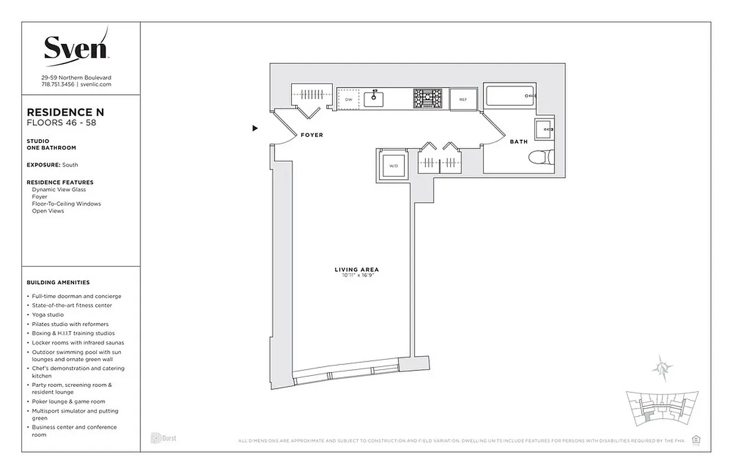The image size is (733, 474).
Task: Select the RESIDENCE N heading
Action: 66,112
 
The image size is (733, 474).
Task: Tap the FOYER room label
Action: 312,135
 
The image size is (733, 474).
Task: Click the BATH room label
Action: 519,142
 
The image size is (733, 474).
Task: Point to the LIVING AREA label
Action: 356,270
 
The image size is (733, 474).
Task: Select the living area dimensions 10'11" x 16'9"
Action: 356,276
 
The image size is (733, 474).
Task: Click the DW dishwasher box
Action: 349,100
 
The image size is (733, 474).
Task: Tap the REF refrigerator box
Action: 463,100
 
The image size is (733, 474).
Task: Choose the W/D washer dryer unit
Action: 393,165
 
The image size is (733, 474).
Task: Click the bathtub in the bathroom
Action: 511,97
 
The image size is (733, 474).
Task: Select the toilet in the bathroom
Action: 541,158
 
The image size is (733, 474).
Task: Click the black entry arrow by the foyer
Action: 255,128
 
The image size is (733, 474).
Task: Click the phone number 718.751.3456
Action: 58,85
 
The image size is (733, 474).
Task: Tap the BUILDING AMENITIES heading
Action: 58,283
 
